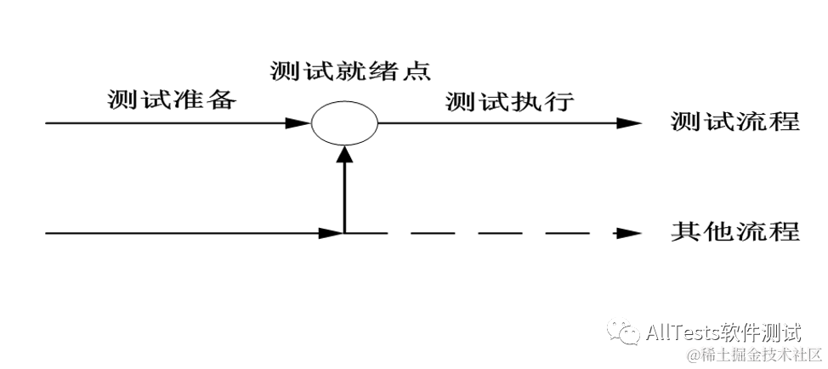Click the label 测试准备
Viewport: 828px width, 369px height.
[x=171, y=99]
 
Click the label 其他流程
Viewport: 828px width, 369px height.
[x=734, y=230]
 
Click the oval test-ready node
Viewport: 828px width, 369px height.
[x=343, y=124]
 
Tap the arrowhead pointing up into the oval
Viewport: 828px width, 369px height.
[x=343, y=153]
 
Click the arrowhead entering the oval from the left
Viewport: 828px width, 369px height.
[x=299, y=123]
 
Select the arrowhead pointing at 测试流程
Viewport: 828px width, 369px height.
[x=628, y=123]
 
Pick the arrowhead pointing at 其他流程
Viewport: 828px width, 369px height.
[x=628, y=232]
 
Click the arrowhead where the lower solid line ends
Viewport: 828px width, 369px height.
[x=332, y=232]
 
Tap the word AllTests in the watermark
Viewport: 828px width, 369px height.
[x=684, y=330]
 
